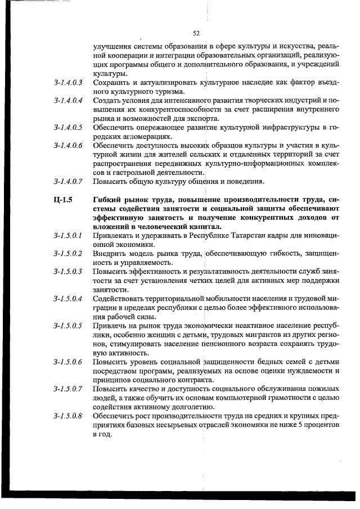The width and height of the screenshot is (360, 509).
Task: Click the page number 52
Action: [x=196, y=33]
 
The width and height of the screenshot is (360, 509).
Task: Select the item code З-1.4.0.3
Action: [x=68, y=83]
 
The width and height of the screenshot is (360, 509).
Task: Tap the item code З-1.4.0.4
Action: [x=68, y=101]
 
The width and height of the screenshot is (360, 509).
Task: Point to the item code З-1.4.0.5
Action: [x=68, y=128]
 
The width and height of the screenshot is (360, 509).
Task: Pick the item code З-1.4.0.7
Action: [x=68, y=182]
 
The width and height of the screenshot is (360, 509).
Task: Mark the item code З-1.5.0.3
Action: [x=68, y=272]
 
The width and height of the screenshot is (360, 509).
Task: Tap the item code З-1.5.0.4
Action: [x=68, y=298]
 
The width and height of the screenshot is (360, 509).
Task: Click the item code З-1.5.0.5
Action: [x=68, y=325]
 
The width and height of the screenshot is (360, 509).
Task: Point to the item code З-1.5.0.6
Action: [x=68, y=362]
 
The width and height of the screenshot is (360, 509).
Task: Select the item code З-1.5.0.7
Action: [x=68, y=389]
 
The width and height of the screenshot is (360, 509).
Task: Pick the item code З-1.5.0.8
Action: [x=68, y=416]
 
